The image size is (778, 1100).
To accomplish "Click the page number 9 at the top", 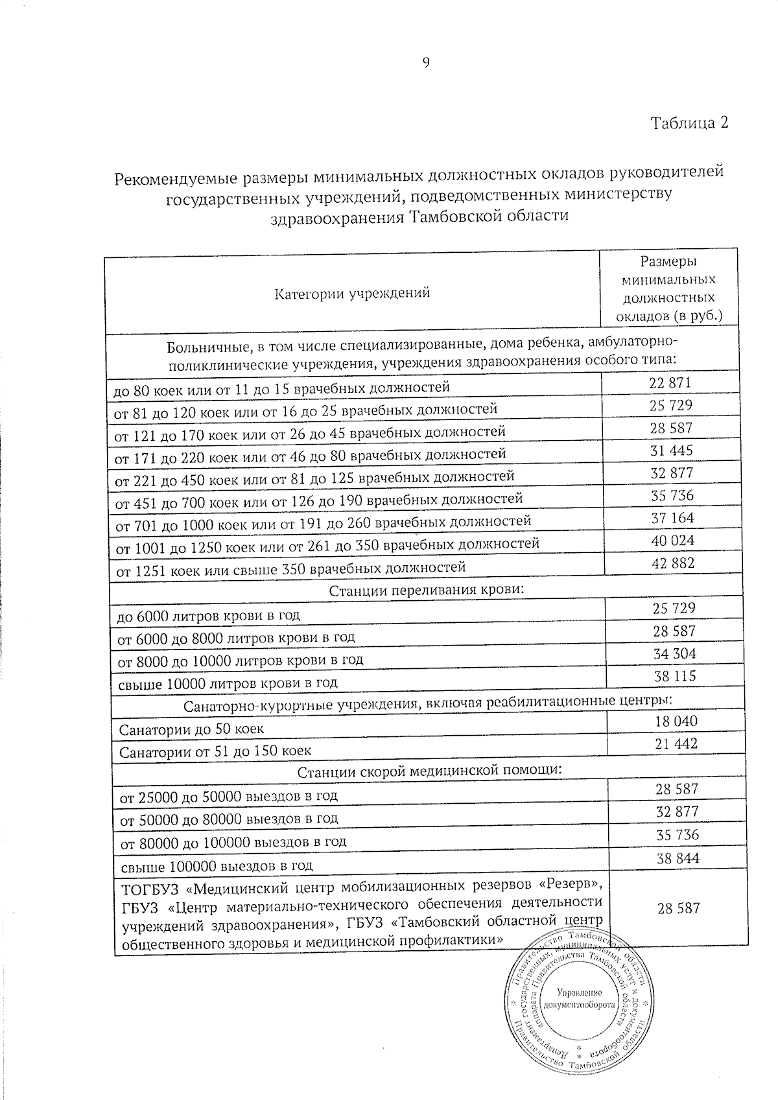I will point(426,62).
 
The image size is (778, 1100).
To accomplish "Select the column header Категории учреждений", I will point(352,293).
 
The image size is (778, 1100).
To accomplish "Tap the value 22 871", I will point(670,382).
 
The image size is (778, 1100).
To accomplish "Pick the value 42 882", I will point(672,563).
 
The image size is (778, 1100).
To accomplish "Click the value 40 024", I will point(672,540).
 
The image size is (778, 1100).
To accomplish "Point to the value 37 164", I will point(672,518).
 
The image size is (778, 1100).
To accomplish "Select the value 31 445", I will point(672,450).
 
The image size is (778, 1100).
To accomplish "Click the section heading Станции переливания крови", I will point(426,591).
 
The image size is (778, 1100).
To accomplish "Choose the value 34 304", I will point(674,653).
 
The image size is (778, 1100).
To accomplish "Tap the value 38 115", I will point(674,676).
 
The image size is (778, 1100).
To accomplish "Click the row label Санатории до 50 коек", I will point(191,729).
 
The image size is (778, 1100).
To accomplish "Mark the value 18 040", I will point(676,721).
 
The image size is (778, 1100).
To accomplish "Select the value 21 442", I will point(676,743).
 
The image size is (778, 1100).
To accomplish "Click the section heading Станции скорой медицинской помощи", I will point(429,771).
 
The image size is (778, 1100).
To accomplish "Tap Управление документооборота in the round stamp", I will point(579,998).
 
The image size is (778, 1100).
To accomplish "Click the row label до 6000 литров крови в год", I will point(207,614).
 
